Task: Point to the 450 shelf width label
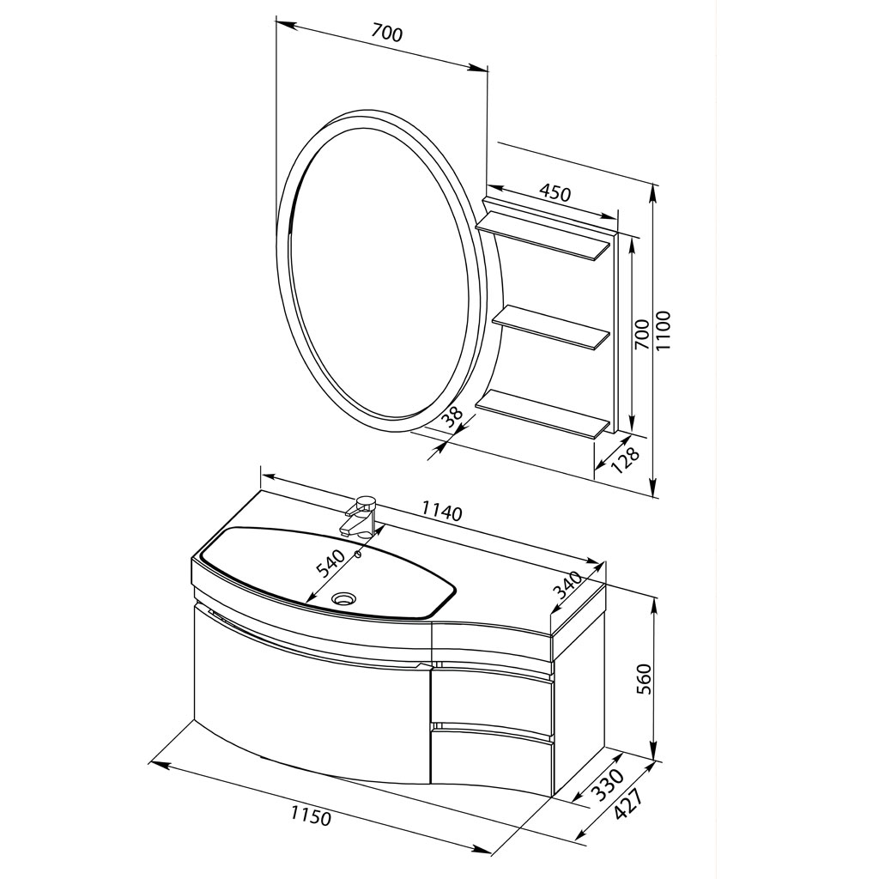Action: [x=555, y=192]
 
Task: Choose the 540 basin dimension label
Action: [x=330, y=564]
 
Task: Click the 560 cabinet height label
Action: [x=646, y=679]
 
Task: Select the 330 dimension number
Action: [x=609, y=785]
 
